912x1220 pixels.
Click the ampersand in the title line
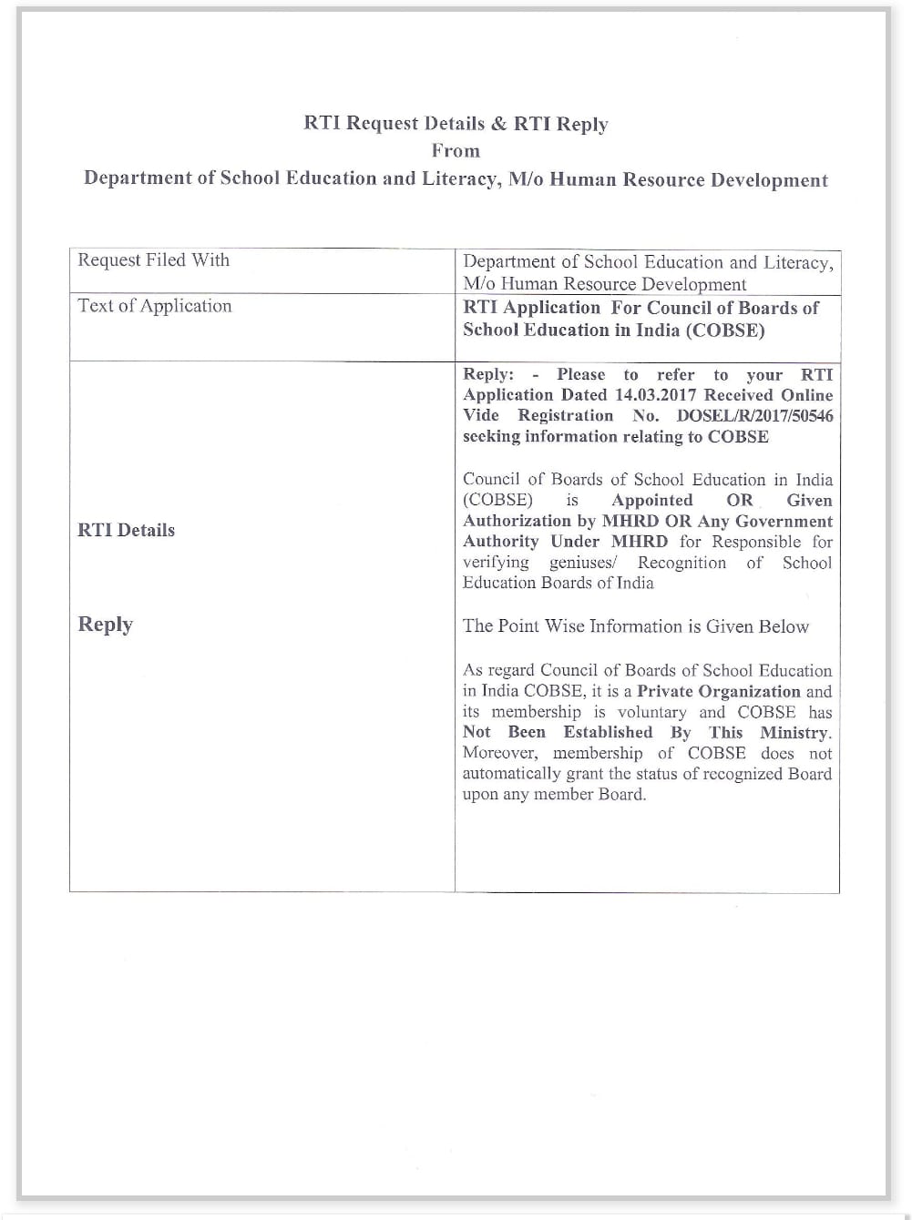tap(498, 124)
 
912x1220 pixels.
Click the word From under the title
tap(456, 151)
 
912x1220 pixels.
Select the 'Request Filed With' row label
tap(153, 260)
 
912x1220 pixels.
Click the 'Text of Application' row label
tap(155, 306)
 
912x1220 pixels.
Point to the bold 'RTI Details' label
tap(126, 530)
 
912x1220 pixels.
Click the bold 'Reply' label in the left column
tap(106, 625)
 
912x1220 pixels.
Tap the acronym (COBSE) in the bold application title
tap(728, 330)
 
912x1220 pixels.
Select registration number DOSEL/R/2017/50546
tap(754, 416)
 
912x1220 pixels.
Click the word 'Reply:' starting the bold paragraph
tap(488, 374)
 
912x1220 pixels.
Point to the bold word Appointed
tap(652, 500)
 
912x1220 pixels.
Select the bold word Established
tap(608, 732)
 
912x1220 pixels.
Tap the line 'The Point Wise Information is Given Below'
tap(635, 626)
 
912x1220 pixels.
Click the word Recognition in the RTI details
tap(681, 563)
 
